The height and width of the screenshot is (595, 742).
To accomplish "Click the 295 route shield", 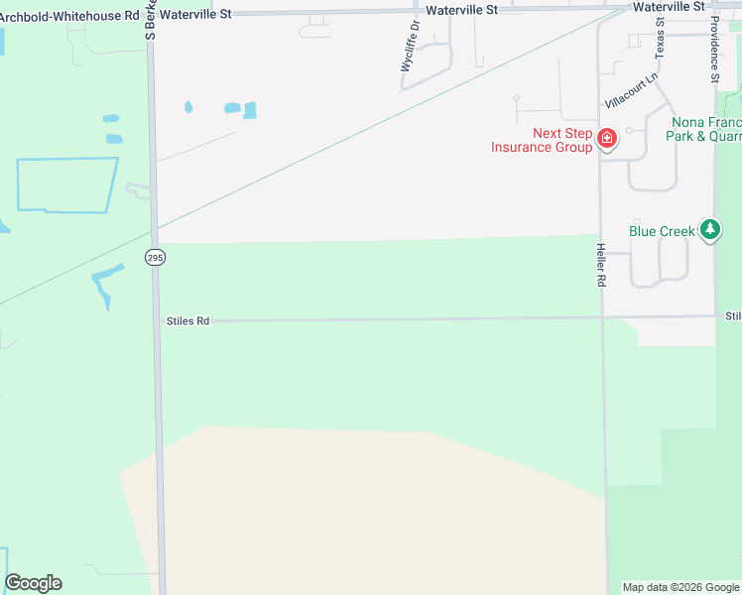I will click(x=155, y=258).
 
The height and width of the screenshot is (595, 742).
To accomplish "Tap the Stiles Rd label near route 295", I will click(x=188, y=321).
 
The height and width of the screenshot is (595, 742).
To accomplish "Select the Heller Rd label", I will click(x=600, y=265).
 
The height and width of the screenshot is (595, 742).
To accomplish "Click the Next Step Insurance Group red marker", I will click(x=605, y=139).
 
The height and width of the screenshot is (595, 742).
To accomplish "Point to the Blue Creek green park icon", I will click(x=709, y=230).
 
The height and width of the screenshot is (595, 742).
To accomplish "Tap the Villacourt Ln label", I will click(x=632, y=90).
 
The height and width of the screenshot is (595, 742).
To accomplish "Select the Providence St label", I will click(x=714, y=48).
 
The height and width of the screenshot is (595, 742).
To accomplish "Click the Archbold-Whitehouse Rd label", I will click(x=68, y=16).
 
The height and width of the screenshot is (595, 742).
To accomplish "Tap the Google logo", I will click(x=33, y=583).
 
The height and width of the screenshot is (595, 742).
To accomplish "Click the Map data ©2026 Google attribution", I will click(x=680, y=587).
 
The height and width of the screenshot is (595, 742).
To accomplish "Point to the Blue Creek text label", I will click(x=662, y=231).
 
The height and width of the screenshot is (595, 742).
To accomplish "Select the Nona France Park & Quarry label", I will click(x=704, y=129).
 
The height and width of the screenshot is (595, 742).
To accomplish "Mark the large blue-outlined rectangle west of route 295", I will click(x=67, y=184).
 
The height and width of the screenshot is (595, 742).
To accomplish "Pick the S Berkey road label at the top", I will click(x=151, y=20).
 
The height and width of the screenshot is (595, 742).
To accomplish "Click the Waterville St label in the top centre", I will click(x=461, y=9).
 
